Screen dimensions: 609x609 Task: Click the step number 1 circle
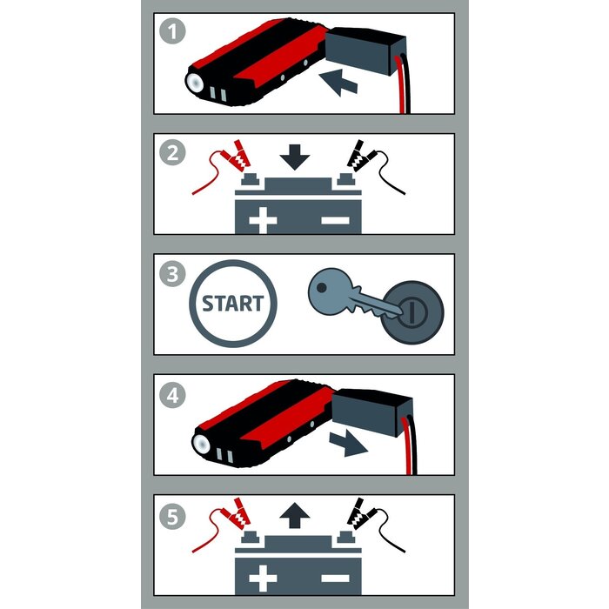point(172,31)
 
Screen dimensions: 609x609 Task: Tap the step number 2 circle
point(172,152)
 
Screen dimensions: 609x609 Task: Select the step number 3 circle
point(172,274)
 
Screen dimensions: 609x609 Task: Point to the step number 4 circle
point(172,395)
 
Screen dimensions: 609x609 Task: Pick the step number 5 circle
point(172,517)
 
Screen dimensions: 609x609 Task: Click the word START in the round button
point(233,304)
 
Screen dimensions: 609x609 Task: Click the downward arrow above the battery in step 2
point(295,157)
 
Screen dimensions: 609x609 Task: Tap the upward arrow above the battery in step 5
point(295,515)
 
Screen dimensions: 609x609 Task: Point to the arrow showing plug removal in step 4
point(348,443)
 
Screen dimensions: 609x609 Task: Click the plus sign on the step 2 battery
point(263,220)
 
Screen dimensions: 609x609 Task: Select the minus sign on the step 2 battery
point(335,220)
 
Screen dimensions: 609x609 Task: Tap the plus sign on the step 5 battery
point(263,579)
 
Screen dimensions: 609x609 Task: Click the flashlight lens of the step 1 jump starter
point(195,82)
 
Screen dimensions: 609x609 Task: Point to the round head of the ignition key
point(330,291)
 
